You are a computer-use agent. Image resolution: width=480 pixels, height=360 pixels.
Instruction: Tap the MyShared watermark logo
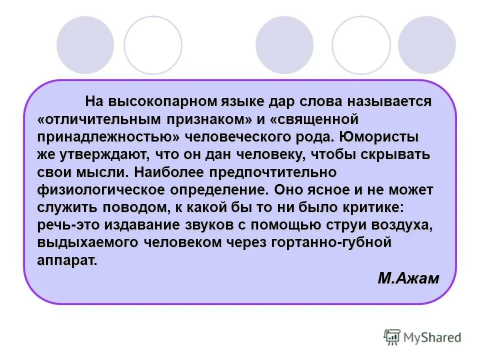[x=422, y=337]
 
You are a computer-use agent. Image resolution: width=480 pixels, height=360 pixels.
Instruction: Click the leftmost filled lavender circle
[x=85, y=45]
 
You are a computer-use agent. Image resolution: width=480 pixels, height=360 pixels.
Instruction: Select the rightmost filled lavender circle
[x=426, y=45]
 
